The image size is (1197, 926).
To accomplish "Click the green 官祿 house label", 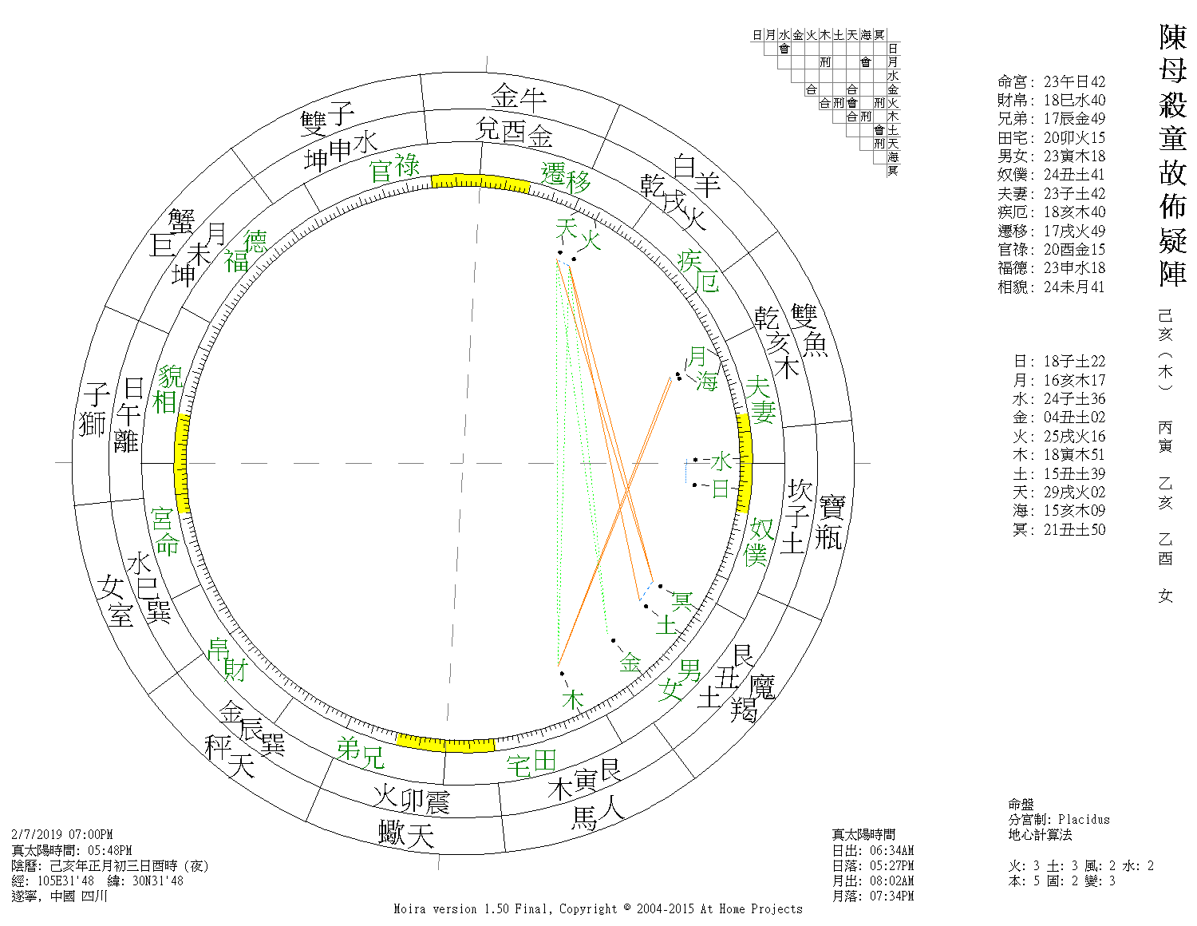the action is pyautogui.click(x=394, y=168).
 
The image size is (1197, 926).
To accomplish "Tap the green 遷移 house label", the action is pyautogui.click(x=566, y=177).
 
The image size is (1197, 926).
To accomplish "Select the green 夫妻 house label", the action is pyautogui.click(x=760, y=400).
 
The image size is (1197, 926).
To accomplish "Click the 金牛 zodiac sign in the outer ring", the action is pyautogui.click(x=519, y=97).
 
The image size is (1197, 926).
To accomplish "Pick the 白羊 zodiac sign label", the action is pyautogui.click(x=697, y=175).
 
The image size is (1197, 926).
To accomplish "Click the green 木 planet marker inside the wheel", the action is pyautogui.click(x=572, y=700).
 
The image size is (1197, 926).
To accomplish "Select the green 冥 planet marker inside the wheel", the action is pyautogui.click(x=682, y=600).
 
